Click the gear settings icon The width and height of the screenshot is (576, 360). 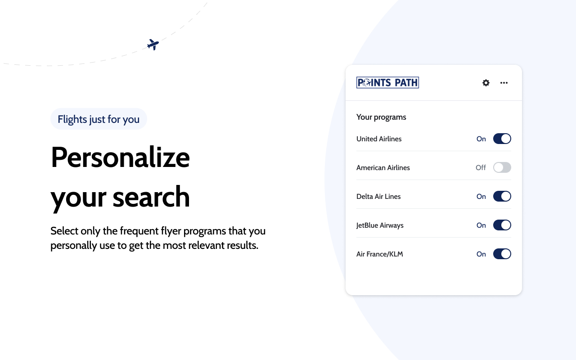486,83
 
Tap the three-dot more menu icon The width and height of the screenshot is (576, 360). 504,83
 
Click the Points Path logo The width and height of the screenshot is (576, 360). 387,82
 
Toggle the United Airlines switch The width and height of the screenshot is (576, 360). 502,139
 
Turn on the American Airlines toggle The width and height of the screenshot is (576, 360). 502,168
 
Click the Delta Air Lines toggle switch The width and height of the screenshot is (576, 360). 502,197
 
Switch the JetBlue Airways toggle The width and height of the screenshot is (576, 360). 502,225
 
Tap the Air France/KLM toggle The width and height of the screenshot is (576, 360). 502,254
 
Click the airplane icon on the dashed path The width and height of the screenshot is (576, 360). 153,45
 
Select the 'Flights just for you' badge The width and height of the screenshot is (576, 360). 99,119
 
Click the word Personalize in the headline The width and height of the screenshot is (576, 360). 120,157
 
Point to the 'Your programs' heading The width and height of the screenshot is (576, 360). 381,117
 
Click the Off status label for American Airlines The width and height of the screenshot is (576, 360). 481,168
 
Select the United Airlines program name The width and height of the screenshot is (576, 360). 379,139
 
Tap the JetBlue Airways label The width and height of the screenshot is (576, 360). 380,225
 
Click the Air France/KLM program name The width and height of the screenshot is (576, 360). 379,254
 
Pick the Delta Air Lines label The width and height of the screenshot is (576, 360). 378,197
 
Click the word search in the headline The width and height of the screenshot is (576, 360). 151,198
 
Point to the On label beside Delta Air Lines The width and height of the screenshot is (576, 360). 481,197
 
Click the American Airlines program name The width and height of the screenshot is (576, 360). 383,168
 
